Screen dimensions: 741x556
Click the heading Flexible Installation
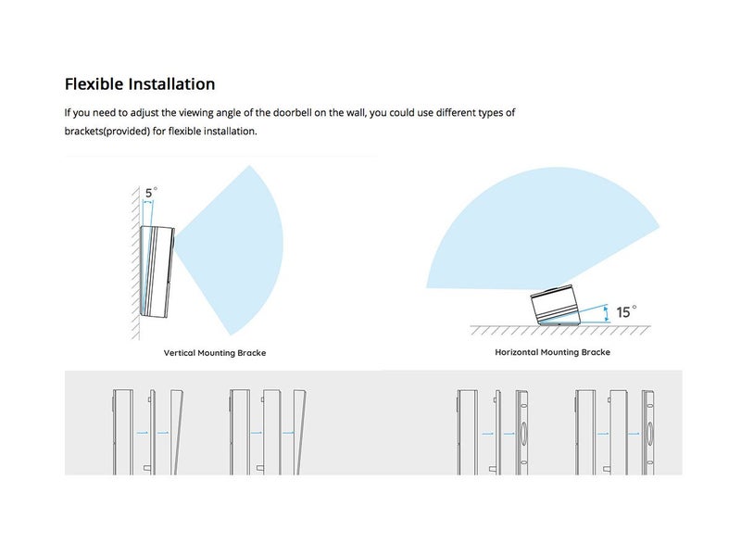tap(140, 84)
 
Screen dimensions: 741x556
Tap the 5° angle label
tap(151, 193)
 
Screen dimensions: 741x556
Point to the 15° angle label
tap(626, 311)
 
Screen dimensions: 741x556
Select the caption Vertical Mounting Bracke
tap(215, 353)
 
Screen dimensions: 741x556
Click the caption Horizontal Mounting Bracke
tap(552, 352)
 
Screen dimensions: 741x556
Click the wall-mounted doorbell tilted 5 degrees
tap(157, 272)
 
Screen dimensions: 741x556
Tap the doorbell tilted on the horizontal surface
tap(555, 306)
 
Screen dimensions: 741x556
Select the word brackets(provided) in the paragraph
tap(107, 131)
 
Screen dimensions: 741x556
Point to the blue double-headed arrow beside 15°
tap(607, 313)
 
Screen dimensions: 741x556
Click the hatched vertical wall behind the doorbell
tap(135, 262)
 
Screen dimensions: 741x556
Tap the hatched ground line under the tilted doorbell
tap(560, 330)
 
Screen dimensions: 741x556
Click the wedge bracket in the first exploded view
tap(177, 432)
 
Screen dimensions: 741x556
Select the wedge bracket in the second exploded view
tap(299, 432)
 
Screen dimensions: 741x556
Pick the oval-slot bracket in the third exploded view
tap(521, 432)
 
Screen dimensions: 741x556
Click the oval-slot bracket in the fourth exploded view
tap(647, 432)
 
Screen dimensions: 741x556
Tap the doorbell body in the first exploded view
tap(122, 432)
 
